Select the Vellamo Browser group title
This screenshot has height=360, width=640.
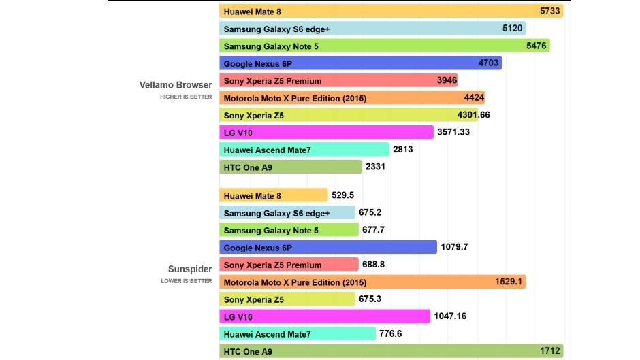point(176,85)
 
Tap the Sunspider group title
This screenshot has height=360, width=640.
point(190,269)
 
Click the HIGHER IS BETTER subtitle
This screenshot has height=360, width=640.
point(186,97)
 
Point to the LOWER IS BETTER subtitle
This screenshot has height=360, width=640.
point(187,281)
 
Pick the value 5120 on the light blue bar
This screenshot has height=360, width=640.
point(512,29)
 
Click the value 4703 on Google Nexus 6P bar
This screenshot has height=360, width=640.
point(488,63)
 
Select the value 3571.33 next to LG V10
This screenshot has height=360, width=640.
point(453,132)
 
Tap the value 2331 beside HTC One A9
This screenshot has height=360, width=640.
point(375,166)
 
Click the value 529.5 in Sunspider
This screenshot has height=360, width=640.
point(342,195)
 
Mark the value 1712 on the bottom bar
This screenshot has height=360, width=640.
point(550,351)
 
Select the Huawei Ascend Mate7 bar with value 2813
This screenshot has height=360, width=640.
point(304,150)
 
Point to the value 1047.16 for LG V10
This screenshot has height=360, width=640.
point(450,316)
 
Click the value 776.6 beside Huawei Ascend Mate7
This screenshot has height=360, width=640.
point(390,333)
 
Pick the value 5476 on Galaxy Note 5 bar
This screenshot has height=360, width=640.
point(537,46)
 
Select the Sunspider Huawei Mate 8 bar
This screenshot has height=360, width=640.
point(274,195)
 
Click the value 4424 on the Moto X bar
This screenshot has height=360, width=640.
point(474,98)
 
